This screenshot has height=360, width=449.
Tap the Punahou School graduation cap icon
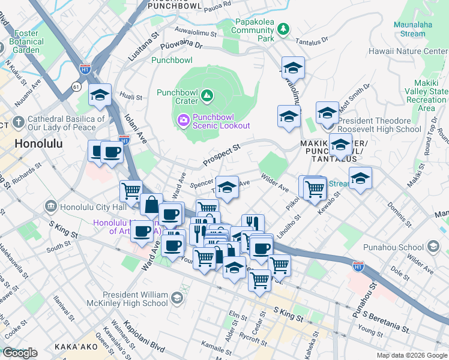coord(432,247)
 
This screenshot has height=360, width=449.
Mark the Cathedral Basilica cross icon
coord(19,123)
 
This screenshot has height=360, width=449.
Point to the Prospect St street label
coord(221,154)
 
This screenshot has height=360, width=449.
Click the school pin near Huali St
coord(100,94)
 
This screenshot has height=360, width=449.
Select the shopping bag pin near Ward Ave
coord(152,204)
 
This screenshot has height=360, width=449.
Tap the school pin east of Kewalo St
coord(360,178)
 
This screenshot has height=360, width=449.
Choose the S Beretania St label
coord(389,325)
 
